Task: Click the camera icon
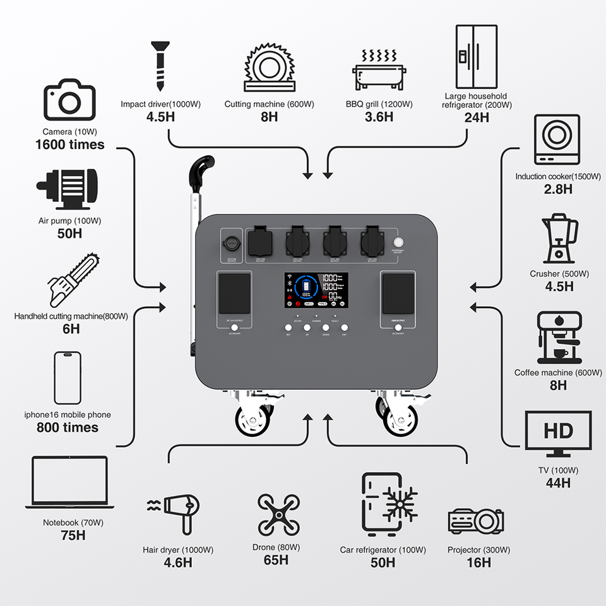(69, 99)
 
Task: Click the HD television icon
(558, 434)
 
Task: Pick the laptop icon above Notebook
(70, 483)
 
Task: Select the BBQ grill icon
(378, 69)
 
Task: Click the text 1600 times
(69, 145)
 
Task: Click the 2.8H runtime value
(558, 189)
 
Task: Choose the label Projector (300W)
(478, 550)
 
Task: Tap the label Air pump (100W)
(69, 221)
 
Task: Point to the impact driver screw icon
(159, 66)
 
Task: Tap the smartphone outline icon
(68, 377)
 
